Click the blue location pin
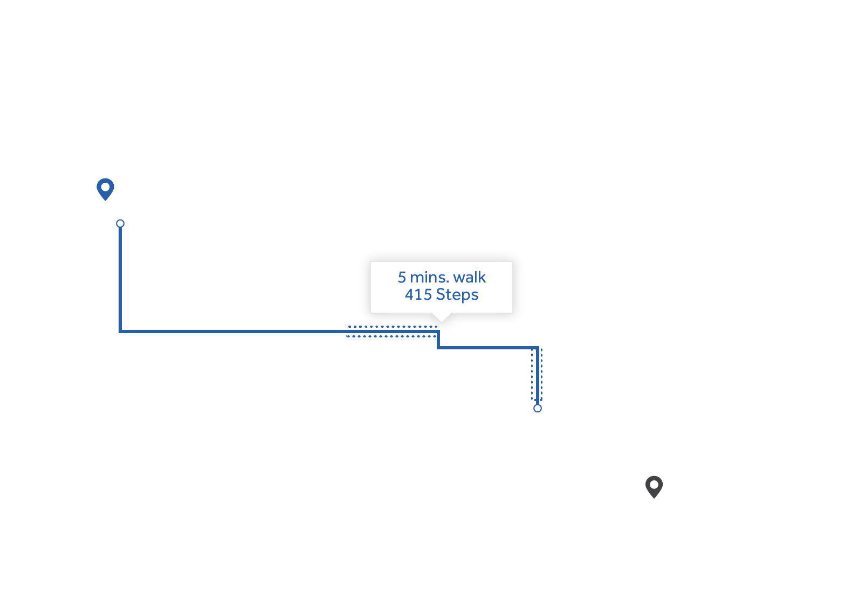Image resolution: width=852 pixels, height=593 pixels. point(105,189)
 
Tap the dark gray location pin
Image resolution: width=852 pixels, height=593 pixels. point(654,487)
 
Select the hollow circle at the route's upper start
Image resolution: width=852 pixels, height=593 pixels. point(120,224)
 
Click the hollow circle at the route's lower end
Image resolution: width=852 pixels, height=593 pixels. point(538,409)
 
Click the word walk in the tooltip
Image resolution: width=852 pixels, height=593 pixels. point(469,277)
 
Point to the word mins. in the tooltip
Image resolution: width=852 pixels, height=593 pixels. point(429,277)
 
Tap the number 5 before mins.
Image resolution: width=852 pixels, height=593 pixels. point(402,278)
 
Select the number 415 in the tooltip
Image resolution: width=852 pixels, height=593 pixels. point(418,295)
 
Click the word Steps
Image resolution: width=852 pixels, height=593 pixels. point(457,295)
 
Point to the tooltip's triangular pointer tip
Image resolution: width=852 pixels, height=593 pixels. point(442,322)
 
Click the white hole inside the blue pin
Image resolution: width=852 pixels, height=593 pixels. point(105,187)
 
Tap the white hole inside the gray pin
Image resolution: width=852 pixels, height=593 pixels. point(654,485)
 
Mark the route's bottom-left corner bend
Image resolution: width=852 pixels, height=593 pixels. point(120,332)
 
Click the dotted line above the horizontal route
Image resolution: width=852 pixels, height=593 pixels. point(393,327)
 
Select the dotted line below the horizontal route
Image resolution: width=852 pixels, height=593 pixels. point(391,336)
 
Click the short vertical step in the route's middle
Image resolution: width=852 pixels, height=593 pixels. point(438,340)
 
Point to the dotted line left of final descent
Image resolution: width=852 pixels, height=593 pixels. point(532,374)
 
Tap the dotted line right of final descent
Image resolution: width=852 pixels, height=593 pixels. point(541,374)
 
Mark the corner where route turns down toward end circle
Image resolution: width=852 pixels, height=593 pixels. point(538,348)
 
